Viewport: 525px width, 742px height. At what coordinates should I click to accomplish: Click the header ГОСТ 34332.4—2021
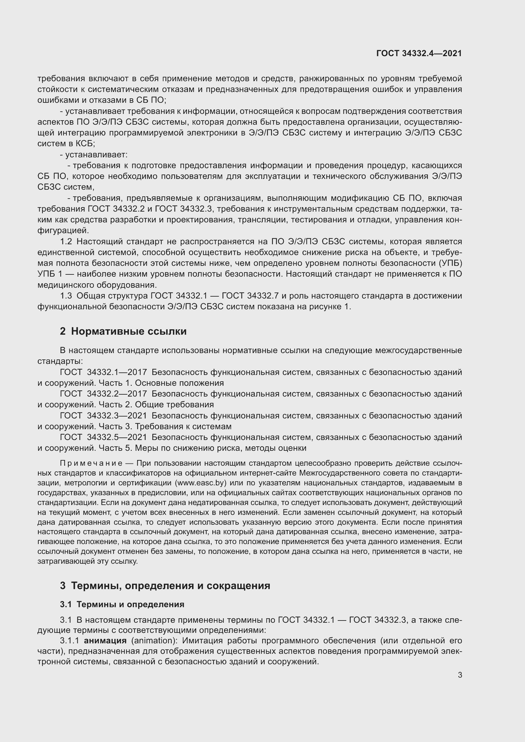pos(419,53)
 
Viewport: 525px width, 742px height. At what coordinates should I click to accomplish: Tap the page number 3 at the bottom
pos(460,675)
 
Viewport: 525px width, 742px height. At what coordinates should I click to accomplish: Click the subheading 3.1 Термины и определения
pos(122,604)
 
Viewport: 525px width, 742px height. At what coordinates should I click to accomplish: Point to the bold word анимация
pos(105,640)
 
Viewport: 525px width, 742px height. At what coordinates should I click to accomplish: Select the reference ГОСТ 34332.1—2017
pos(103,372)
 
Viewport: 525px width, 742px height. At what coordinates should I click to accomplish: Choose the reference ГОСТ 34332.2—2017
pos(103,394)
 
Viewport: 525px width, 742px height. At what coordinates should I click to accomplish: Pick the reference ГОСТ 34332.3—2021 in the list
pos(103,416)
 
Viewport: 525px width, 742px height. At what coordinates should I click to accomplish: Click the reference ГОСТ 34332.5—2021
pos(103,437)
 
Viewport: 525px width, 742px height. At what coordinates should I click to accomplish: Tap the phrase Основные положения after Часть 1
pos(179,383)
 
